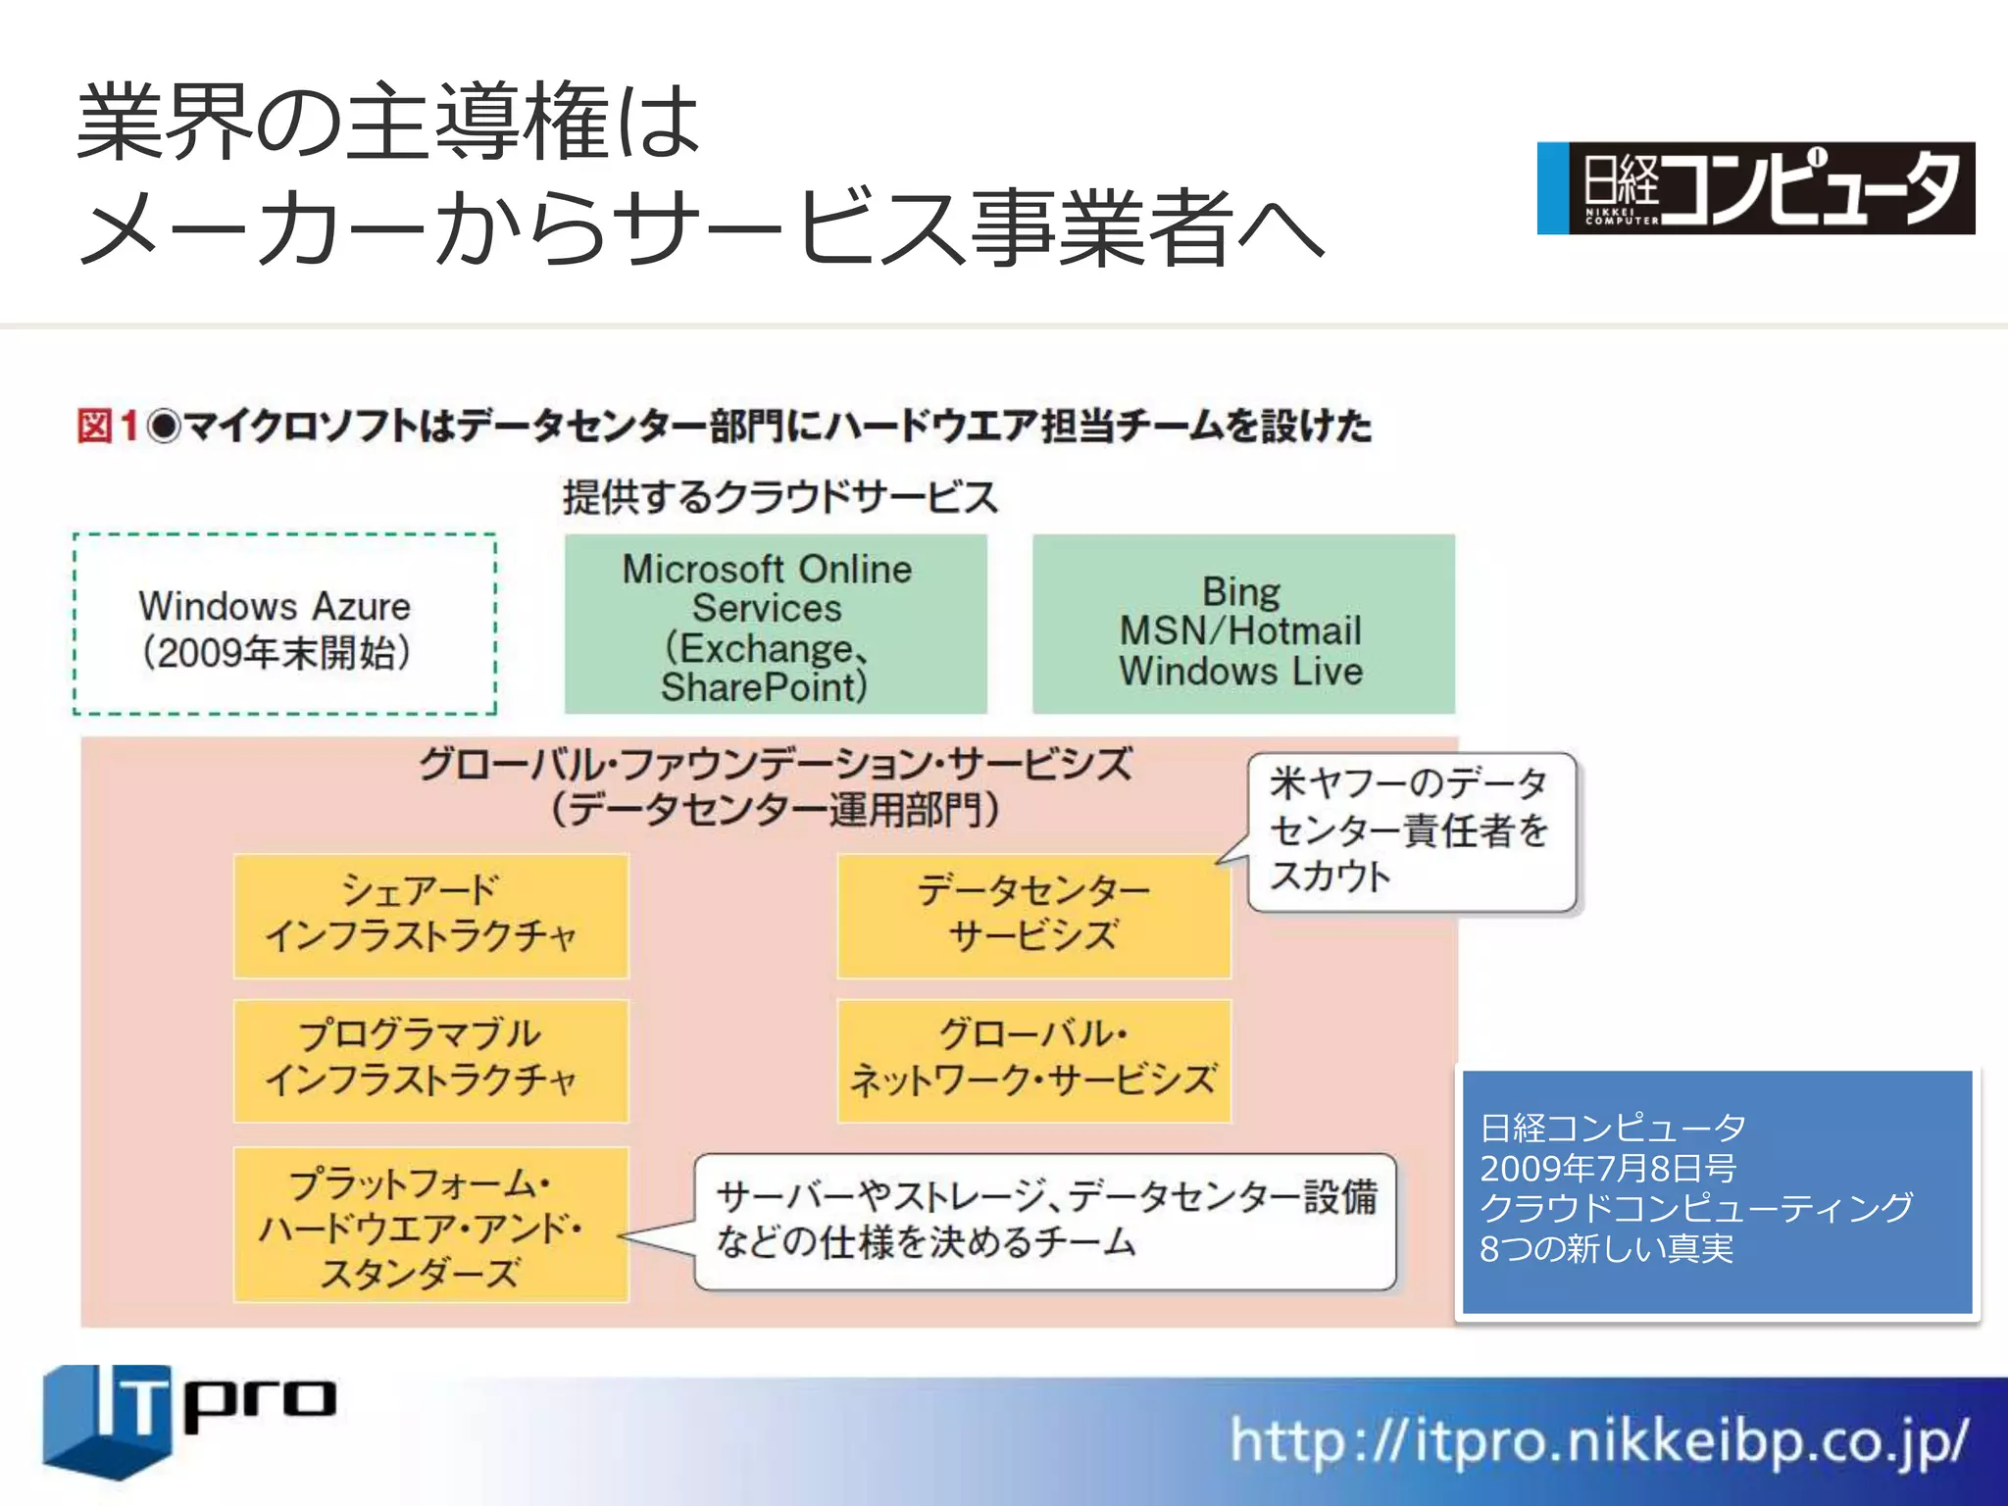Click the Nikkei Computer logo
coord(1755,187)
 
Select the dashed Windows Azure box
coord(284,625)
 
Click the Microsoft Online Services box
coord(776,624)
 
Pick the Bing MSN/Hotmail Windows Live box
coord(1242,624)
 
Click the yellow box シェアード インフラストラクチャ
coord(430,915)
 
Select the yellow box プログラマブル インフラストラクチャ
coord(430,1060)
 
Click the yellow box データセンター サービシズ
coord(1033,915)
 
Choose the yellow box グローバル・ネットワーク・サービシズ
coord(1033,1060)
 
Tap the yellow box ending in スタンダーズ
coord(430,1225)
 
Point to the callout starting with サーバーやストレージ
coord(1045,1221)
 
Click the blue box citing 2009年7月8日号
coord(1716,1190)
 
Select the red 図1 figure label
coord(107,427)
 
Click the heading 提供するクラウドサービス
coord(779,497)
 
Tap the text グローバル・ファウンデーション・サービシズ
coord(775,764)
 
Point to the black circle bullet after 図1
coord(164,427)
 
